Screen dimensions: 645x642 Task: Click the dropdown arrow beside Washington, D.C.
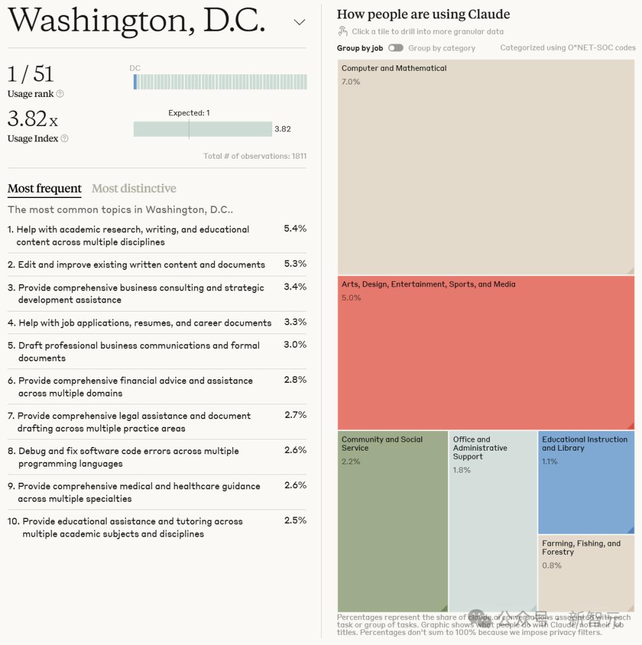(x=300, y=23)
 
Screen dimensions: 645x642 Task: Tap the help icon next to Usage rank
(x=59, y=94)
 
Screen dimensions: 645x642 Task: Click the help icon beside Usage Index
(x=64, y=139)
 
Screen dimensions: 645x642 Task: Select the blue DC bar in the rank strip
(x=136, y=82)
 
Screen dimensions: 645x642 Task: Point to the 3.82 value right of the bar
(x=282, y=129)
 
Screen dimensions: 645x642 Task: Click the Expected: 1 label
(x=189, y=113)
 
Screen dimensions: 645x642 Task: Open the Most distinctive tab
(x=134, y=188)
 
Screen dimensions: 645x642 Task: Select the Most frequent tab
(x=45, y=188)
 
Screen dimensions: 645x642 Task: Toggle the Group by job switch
(x=395, y=48)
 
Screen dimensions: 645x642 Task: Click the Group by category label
(x=442, y=48)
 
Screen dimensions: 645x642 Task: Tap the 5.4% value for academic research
(x=295, y=228)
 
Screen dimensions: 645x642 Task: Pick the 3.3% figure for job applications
(x=295, y=322)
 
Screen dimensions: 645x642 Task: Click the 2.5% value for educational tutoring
(x=295, y=520)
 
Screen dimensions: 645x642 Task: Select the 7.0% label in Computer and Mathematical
(x=351, y=81)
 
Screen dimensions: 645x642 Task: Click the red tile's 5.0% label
(x=351, y=298)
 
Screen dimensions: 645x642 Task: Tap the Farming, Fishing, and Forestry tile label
(x=581, y=548)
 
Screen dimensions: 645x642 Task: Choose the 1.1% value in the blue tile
(x=550, y=461)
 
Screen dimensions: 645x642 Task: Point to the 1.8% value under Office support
(x=462, y=470)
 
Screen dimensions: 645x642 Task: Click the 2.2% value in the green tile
(x=351, y=461)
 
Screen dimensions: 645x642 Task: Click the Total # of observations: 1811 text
(x=255, y=156)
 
